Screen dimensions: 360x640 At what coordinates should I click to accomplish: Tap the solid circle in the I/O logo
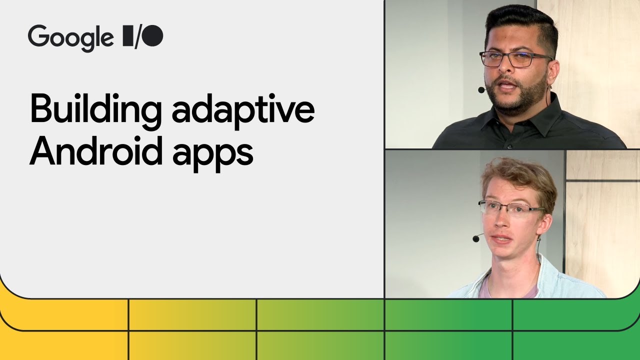click(x=153, y=36)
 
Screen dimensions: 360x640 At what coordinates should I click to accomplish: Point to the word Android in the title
click(x=96, y=152)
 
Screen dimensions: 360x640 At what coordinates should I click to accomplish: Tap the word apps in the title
click(x=213, y=154)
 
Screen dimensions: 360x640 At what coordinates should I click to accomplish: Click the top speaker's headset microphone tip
click(x=481, y=90)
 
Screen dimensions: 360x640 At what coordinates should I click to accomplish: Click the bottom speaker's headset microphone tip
click(x=475, y=239)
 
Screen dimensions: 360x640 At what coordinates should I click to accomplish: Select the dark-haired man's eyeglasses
click(x=515, y=59)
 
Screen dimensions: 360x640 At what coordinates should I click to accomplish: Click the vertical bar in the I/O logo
click(x=127, y=37)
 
